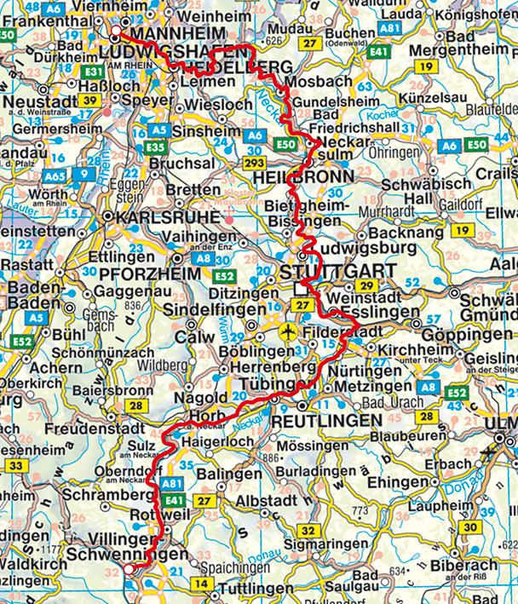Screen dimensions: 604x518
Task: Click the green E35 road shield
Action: [x=178, y=146]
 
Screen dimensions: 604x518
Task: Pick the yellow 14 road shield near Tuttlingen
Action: [x=200, y=583]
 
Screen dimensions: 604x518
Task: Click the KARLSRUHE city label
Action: [x=151, y=216]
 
